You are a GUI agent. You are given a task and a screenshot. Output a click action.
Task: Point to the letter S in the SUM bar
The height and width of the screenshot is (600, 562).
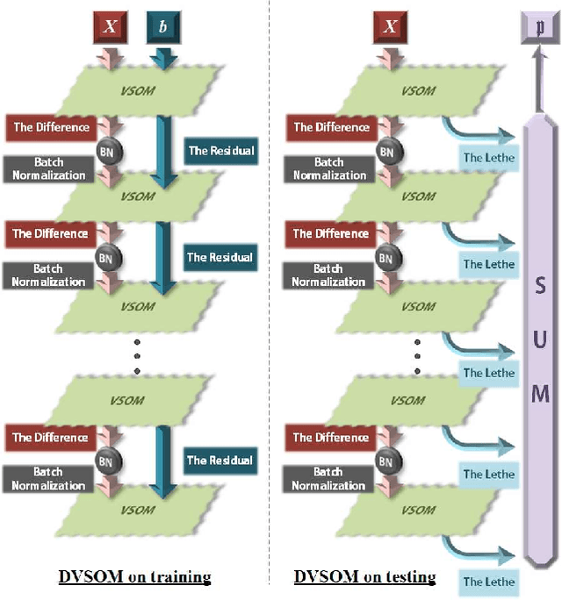pos(541,286)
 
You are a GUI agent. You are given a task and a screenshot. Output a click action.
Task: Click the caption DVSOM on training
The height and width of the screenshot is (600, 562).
pos(134,576)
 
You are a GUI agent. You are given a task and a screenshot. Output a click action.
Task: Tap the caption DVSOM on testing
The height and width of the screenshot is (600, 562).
pos(364,576)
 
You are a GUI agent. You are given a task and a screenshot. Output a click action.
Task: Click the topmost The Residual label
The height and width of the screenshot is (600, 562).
pos(220,151)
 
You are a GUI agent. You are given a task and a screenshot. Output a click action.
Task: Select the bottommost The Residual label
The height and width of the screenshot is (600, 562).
pos(220,460)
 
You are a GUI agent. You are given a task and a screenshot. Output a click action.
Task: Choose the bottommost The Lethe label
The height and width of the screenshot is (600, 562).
pos(488,581)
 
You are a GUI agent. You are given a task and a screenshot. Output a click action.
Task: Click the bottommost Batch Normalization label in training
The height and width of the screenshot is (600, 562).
pos(49,479)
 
